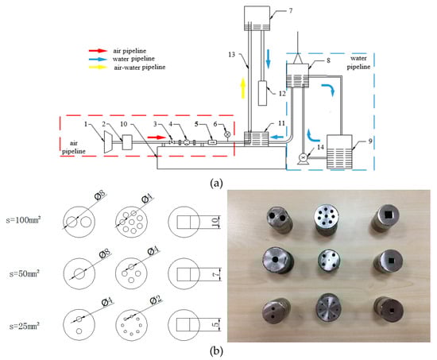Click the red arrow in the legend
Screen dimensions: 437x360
pyautogui.click(x=98, y=51)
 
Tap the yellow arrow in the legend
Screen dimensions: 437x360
pyautogui.click(x=98, y=67)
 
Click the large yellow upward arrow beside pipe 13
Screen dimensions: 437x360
pyautogui.click(x=243, y=88)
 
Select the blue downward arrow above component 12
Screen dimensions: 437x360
pyautogui.click(x=268, y=59)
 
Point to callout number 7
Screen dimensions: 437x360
pyautogui.click(x=291, y=10)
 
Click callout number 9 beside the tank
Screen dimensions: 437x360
pyautogui.click(x=370, y=141)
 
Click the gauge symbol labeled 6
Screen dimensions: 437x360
pyautogui.click(x=227, y=134)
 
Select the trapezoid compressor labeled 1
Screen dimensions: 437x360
pyautogui.click(x=108, y=142)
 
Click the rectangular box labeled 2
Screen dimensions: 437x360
pyautogui.click(x=127, y=142)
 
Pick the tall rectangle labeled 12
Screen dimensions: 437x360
pyautogui.click(x=262, y=93)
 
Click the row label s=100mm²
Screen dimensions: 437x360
pyautogui.click(x=24, y=220)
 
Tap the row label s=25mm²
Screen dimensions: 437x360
pyautogui.click(x=25, y=326)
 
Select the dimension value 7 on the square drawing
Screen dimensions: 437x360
pyautogui.click(x=215, y=274)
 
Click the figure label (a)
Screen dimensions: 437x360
pyautogui.click(x=216, y=184)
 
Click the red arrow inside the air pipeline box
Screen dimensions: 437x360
pyautogui.click(x=157, y=137)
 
